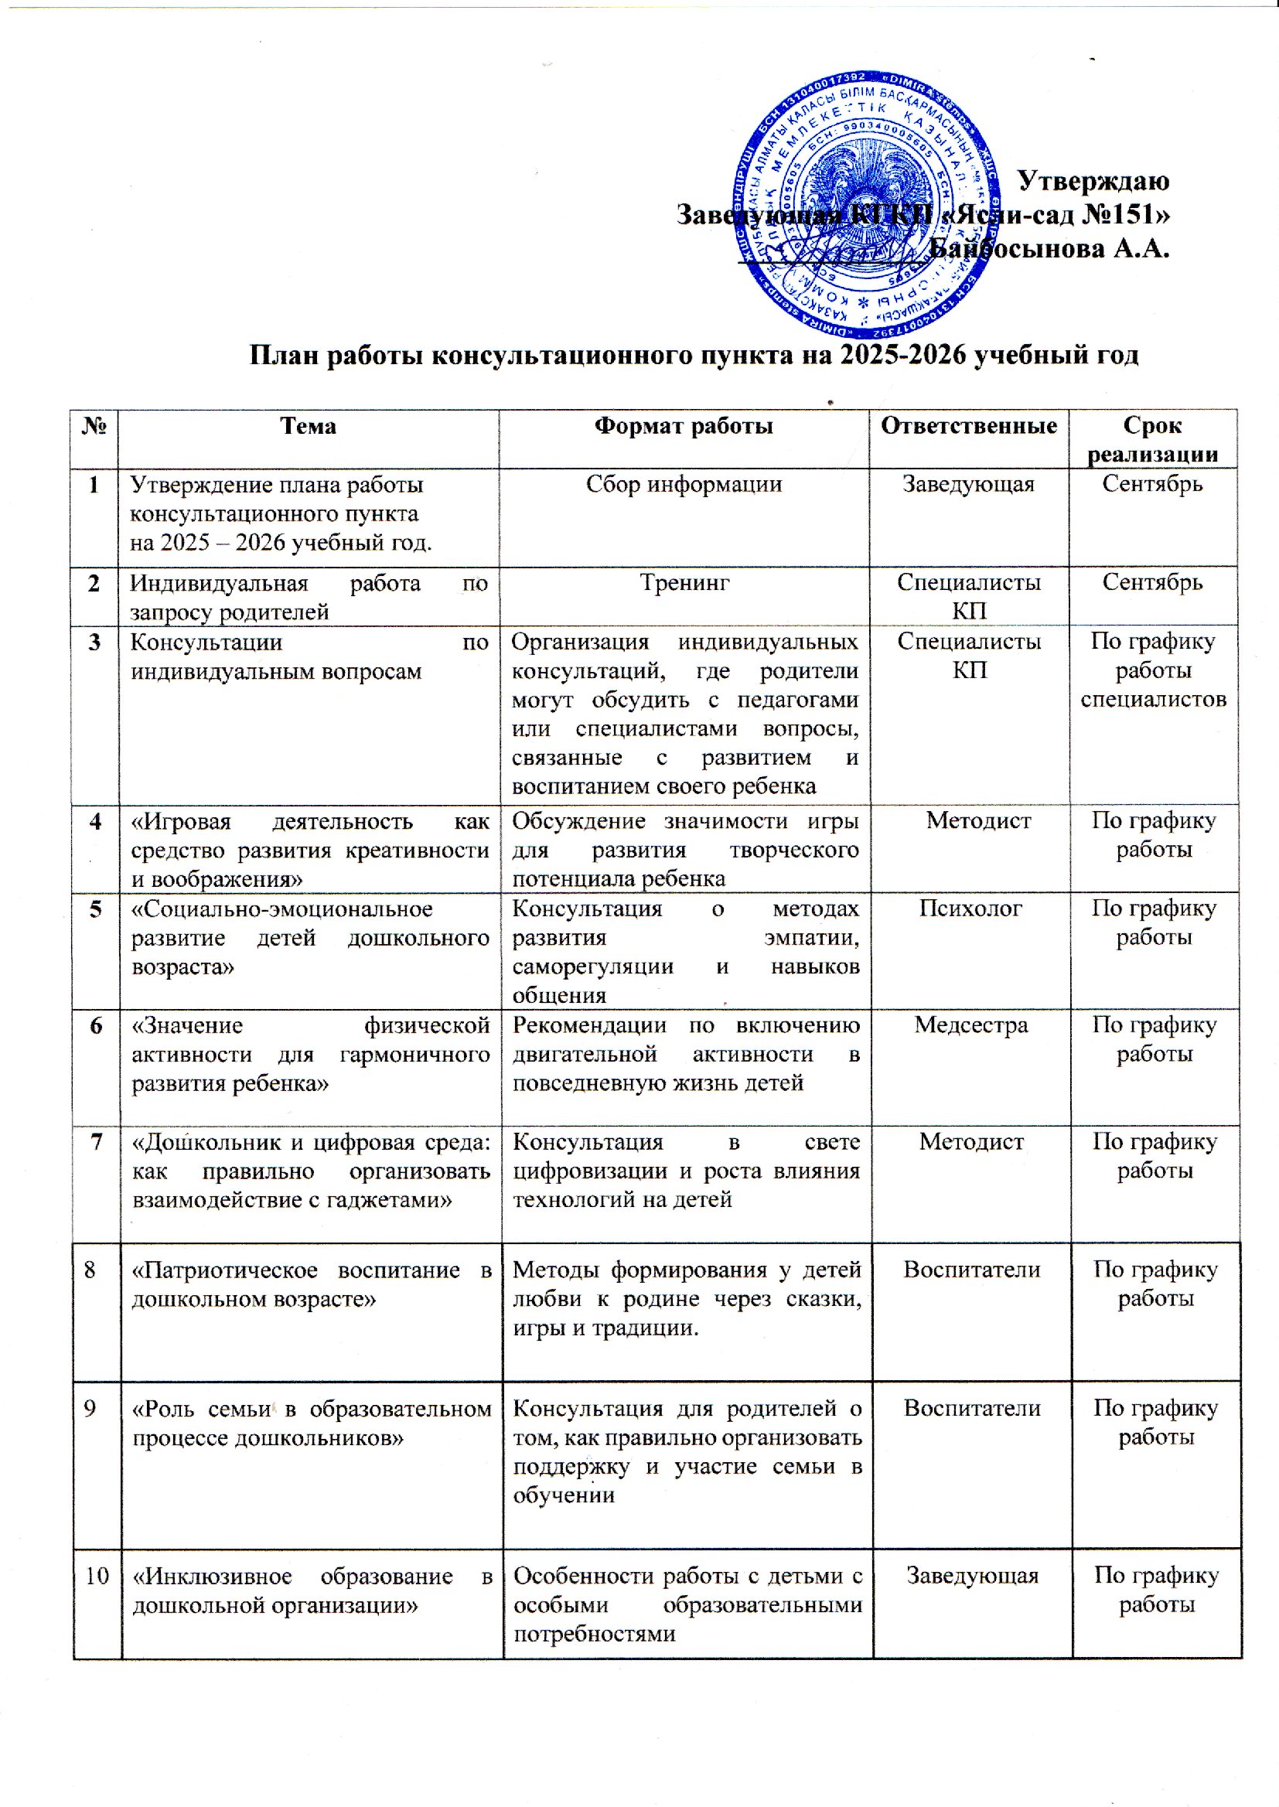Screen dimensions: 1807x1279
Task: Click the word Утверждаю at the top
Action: pyautogui.click(x=1093, y=180)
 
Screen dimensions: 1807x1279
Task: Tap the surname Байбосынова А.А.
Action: pyautogui.click(x=1049, y=249)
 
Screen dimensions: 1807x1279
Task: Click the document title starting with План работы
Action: pyautogui.click(x=694, y=356)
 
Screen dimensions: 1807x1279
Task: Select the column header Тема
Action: pyautogui.click(x=308, y=426)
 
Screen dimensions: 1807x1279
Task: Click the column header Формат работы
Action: pyautogui.click(x=683, y=426)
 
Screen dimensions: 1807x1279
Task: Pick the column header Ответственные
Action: pyautogui.click(x=968, y=426)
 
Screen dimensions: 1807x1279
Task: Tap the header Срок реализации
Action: pyautogui.click(x=1151, y=439)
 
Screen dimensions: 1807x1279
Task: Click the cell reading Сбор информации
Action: pyautogui.click(x=683, y=483)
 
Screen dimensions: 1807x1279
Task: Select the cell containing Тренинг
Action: pyautogui.click(x=684, y=583)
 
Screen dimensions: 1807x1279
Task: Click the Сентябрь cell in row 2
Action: pyautogui.click(x=1151, y=583)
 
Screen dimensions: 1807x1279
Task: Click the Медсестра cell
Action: pyautogui.click(x=970, y=1025)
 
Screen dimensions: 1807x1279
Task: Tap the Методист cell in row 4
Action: pyautogui.click(x=977, y=821)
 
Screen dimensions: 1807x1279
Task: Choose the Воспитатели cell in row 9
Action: pyautogui.click(x=972, y=1408)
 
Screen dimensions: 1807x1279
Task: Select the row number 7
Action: pyautogui.click(x=96, y=1142)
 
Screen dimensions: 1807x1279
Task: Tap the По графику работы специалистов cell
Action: pyautogui.click(x=1152, y=670)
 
